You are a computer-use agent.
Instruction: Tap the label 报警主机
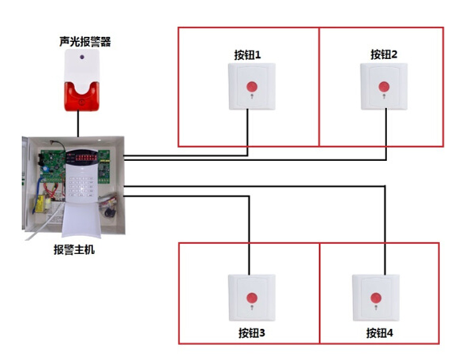[74, 250]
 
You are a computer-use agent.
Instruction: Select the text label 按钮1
[247, 54]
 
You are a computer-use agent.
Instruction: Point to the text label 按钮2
[384, 54]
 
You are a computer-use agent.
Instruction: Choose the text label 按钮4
[379, 333]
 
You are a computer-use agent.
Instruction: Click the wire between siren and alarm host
[79, 122]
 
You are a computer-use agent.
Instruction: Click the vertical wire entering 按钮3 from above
[251, 237]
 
